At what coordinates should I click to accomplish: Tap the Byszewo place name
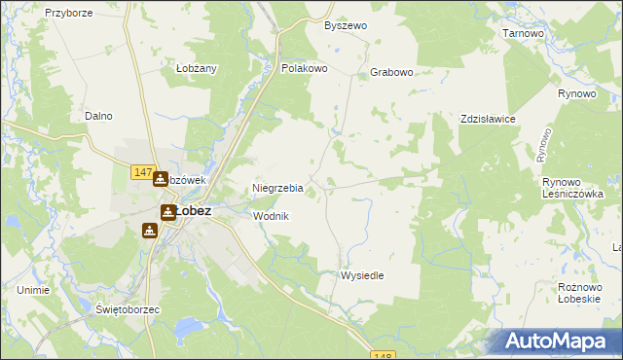click(346, 25)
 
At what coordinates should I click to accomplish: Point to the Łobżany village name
click(197, 68)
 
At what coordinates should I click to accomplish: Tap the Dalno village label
click(98, 116)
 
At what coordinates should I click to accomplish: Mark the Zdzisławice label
click(488, 119)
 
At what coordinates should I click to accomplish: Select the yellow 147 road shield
click(142, 172)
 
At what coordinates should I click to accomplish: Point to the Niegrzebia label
click(278, 189)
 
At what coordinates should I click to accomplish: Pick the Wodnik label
click(272, 216)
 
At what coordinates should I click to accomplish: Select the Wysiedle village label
click(362, 275)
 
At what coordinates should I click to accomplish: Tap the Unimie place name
click(33, 290)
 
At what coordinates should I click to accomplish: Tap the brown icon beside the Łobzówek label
click(160, 179)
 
